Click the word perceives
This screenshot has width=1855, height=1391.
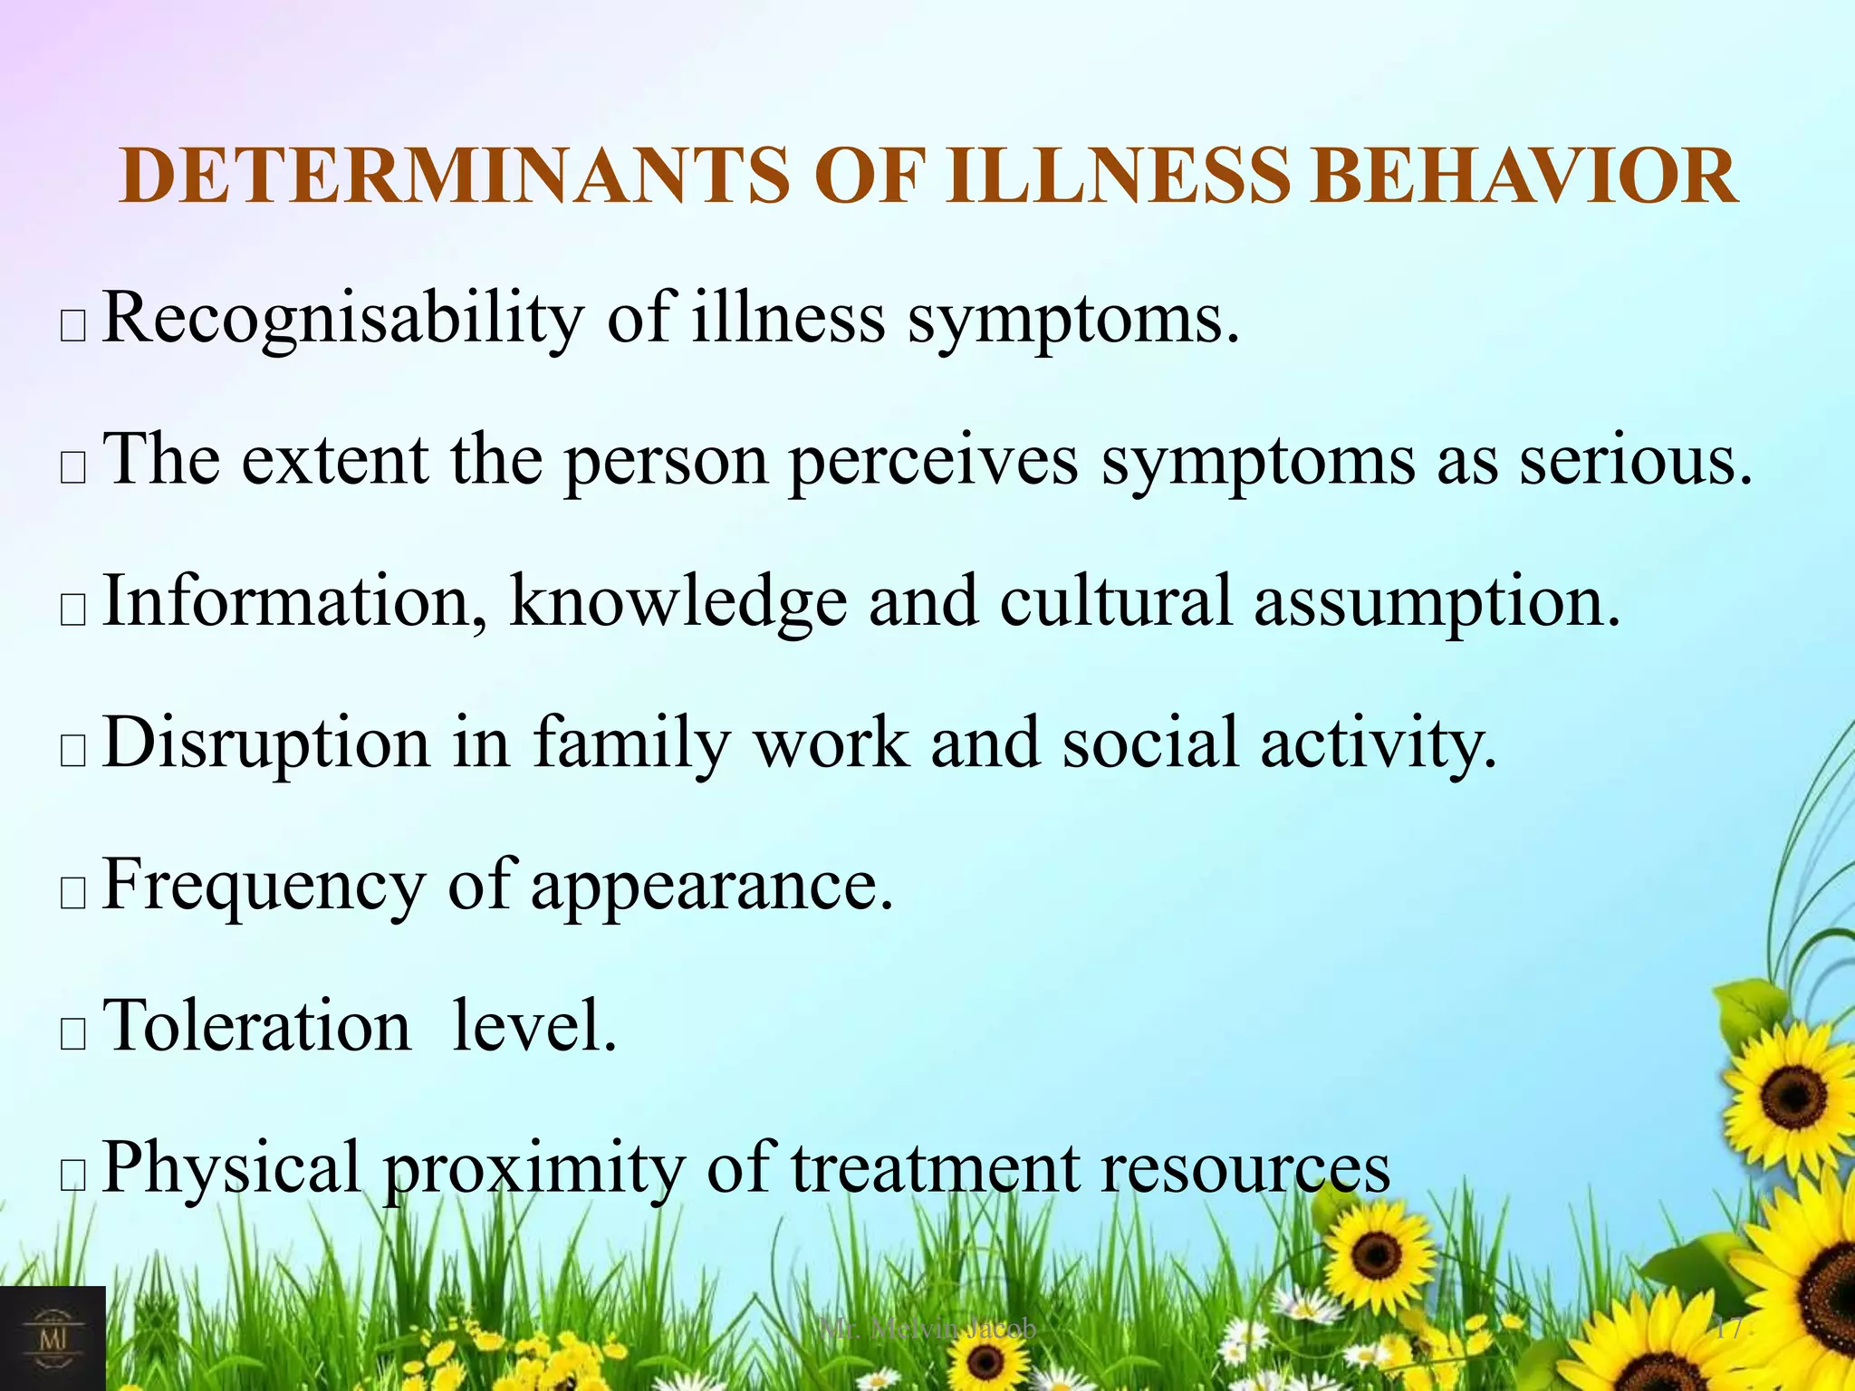coord(933,461)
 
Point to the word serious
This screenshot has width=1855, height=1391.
coord(1635,461)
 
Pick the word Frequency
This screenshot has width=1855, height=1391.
coord(264,885)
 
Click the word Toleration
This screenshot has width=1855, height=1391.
coord(257,1025)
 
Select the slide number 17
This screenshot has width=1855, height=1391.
coord(1728,1329)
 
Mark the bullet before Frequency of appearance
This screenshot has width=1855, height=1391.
coord(72,893)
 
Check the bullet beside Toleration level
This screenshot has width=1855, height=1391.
coord(72,1034)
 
